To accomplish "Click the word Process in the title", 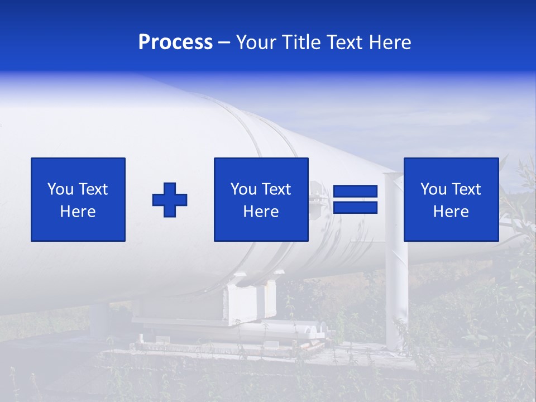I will tap(175, 42).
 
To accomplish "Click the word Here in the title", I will tap(390, 42).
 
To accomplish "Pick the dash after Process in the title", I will tap(224, 43).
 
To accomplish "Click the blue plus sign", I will tap(170, 200).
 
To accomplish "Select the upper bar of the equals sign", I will tap(355, 192).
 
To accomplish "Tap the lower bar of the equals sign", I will tap(355, 208).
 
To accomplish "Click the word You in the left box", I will tap(60, 189).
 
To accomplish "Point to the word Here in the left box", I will tap(78, 212).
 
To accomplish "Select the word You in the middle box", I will tap(243, 189).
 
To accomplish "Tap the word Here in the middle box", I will tap(261, 212).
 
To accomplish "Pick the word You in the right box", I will tap(433, 189).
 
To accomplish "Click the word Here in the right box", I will tap(451, 212).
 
